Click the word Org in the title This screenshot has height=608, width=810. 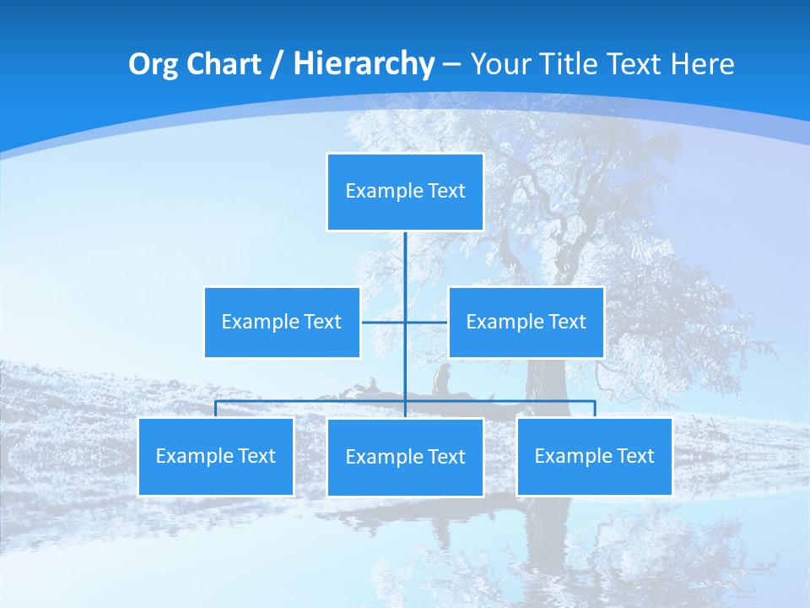tap(153, 64)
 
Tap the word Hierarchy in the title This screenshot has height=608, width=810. tap(363, 64)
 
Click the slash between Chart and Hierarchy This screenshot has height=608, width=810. tap(277, 65)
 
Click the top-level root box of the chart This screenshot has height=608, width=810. tap(405, 192)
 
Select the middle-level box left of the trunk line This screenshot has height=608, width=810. tap(282, 322)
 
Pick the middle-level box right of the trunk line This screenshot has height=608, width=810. tap(526, 322)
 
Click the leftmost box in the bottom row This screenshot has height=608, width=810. tap(216, 456)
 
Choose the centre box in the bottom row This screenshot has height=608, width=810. tap(405, 457)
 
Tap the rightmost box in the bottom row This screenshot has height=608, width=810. tap(594, 456)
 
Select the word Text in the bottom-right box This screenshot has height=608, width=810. tap(634, 456)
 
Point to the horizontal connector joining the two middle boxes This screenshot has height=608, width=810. tap(384, 323)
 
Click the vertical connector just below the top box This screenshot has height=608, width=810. tap(405, 253)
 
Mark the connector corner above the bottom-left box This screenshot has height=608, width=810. tap(216, 402)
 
